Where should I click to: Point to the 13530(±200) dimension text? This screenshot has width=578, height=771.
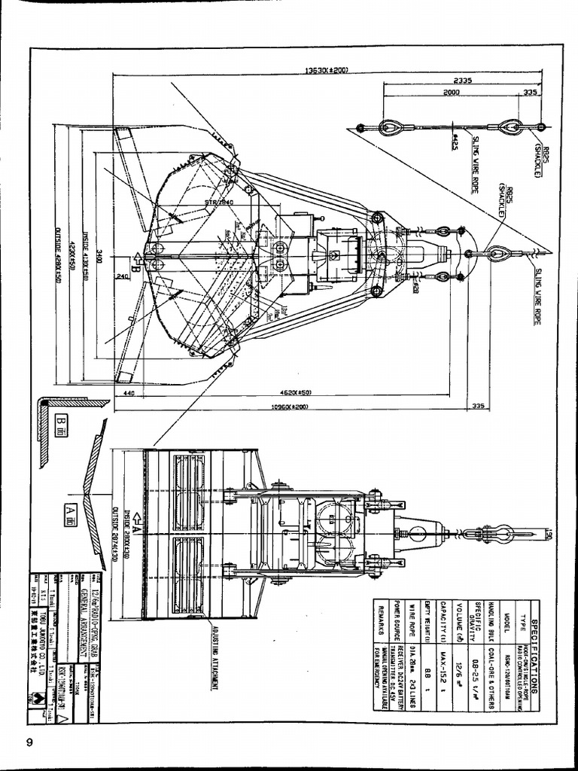point(326,71)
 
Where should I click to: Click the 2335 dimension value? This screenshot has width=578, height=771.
point(462,80)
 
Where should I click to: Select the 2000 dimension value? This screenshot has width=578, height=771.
point(451,92)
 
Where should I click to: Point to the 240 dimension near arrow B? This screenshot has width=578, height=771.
point(122,276)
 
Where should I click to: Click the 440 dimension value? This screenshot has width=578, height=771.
point(129,393)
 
